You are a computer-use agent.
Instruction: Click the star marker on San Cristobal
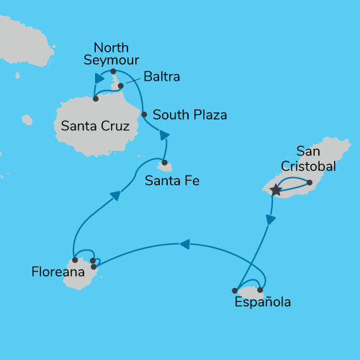[275, 191]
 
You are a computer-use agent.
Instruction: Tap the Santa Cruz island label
[95, 127]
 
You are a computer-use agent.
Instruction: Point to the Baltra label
[161, 76]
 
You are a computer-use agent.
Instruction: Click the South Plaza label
[190, 114]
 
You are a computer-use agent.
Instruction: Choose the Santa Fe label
[172, 181]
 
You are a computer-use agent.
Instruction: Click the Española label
[263, 303]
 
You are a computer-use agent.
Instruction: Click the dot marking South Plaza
[144, 114]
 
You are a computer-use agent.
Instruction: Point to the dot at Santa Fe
[164, 163]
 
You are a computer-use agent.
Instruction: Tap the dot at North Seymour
[114, 71]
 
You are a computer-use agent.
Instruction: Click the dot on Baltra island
[121, 86]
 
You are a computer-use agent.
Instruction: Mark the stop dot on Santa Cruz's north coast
[96, 99]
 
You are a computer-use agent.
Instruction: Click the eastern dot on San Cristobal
[310, 182]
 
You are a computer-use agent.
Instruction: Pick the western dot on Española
[235, 290]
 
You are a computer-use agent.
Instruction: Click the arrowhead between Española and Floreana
[184, 245]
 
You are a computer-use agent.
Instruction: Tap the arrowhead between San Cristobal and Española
[271, 220]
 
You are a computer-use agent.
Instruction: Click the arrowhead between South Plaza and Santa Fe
[165, 135]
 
